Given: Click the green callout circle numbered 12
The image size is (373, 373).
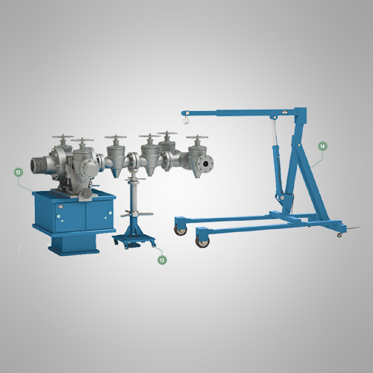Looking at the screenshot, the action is [x=19, y=172].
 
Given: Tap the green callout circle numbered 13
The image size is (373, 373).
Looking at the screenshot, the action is [x=162, y=260].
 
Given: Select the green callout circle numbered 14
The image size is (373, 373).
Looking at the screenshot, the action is [x=322, y=146].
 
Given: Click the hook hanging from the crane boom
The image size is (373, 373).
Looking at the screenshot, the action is [x=186, y=121].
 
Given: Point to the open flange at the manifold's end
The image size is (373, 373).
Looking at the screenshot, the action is [x=206, y=163].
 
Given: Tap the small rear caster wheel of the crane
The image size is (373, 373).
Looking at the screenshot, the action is [x=339, y=234].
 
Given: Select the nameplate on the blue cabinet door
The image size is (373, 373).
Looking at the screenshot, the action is [x=59, y=206].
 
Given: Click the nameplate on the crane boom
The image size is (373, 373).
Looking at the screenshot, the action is [x=285, y=112].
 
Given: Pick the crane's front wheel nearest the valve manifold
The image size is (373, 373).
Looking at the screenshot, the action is [x=181, y=231].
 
